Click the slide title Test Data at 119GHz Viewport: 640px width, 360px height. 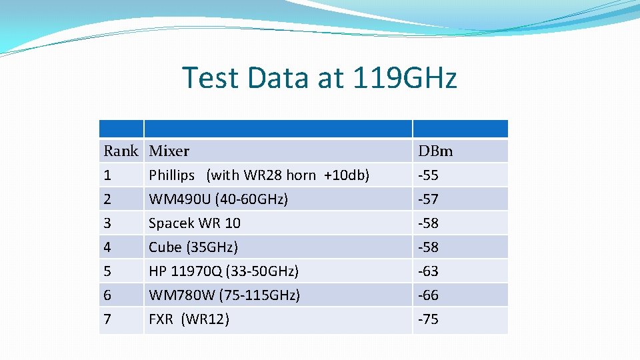[x=319, y=77]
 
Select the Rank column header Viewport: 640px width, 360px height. [x=121, y=151]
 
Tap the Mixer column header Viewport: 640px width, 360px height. [x=169, y=151]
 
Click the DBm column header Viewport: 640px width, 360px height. [x=435, y=151]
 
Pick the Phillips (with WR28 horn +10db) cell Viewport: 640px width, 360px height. [x=259, y=175]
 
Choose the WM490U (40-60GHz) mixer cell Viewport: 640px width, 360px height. [x=218, y=199]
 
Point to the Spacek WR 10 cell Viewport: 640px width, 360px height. [x=195, y=223]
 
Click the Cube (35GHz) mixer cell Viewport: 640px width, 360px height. [x=193, y=247]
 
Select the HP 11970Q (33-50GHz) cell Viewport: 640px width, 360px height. [x=223, y=271]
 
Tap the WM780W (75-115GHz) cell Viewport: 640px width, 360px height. [x=224, y=295]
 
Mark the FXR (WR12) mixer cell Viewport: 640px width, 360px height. [x=189, y=319]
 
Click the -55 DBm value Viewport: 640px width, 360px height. [x=428, y=175]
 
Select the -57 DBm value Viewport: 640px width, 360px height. [x=428, y=199]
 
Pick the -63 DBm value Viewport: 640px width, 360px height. [x=428, y=271]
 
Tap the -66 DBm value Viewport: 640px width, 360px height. [x=428, y=295]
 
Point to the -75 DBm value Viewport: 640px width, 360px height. [x=428, y=319]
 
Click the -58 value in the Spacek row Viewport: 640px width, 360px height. [x=428, y=223]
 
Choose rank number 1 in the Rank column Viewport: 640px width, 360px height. [x=107, y=175]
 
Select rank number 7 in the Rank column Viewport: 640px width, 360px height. [x=107, y=319]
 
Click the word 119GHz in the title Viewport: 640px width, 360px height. [x=403, y=77]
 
